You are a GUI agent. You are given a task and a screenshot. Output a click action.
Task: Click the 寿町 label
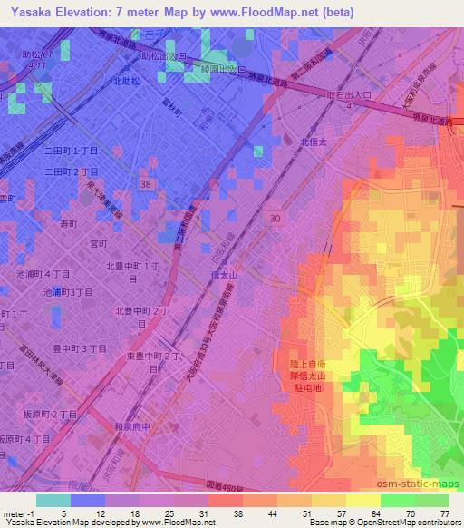tap(69, 221)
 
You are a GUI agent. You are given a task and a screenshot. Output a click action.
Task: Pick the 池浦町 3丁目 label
tap(69, 292)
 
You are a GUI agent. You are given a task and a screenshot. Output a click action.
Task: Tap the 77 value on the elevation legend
tap(444, 513)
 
